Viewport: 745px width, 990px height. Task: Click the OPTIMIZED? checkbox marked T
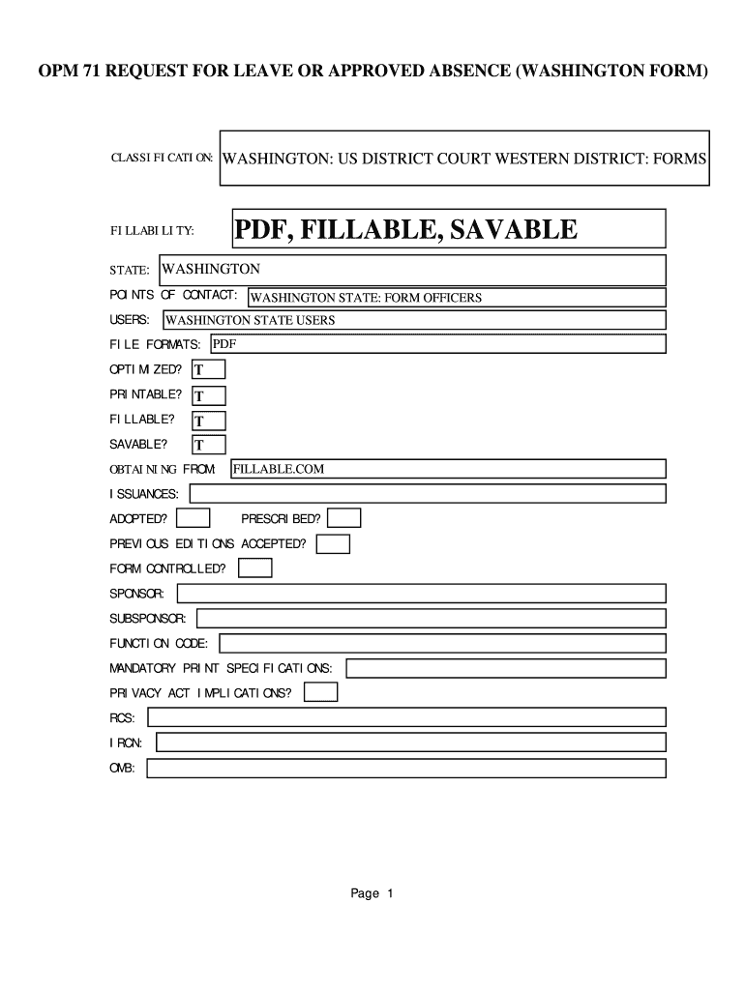pos(209,369)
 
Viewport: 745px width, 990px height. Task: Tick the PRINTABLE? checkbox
pos(209,395)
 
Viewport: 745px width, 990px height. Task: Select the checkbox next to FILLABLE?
pos(209,421)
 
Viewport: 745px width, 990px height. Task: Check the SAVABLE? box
pos(209,445)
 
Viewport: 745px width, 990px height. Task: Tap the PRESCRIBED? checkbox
pos(344,518)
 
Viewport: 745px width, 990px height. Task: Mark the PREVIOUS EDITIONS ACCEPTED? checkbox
pos(334,544)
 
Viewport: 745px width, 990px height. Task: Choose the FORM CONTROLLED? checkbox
pos(255,568)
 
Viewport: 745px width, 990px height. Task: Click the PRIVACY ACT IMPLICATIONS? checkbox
pos(321,692)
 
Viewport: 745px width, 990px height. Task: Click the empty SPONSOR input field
pos(420,593)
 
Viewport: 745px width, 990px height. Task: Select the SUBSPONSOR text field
pos(432,618)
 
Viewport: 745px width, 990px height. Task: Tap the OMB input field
pos(406,769)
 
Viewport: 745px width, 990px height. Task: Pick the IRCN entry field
pos(410,742)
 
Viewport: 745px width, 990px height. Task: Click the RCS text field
pos(406,717)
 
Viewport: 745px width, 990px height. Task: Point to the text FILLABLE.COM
pos(278,469)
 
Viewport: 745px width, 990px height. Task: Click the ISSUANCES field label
pos(144,494)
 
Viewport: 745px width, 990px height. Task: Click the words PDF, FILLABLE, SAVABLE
pos(406,229)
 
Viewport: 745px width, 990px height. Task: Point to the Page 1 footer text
pos(372,893)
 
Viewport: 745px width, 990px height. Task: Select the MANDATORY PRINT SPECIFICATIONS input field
pos(506,668)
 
